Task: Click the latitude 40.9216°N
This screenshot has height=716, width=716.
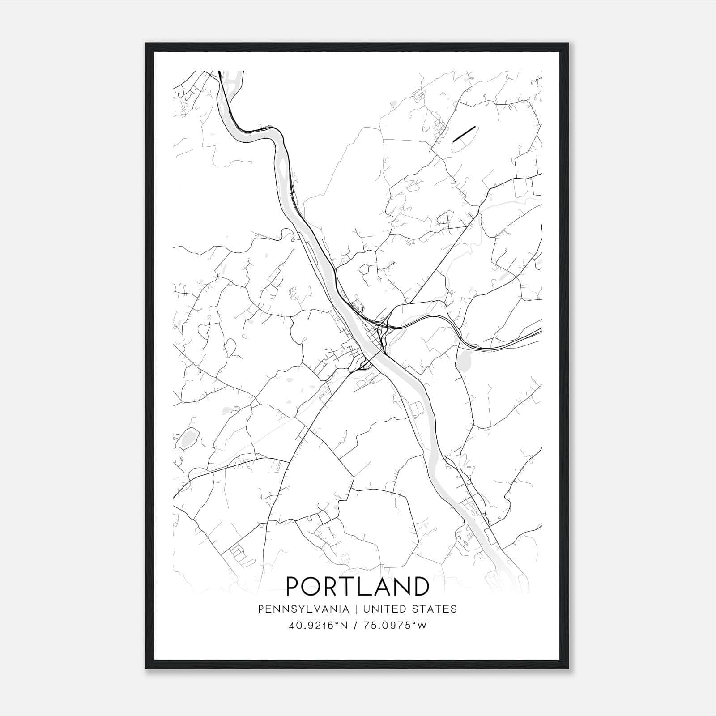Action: (318, 626)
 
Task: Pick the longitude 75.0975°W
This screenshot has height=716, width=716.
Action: (396, 626)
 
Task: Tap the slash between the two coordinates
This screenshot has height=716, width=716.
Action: (355, 626)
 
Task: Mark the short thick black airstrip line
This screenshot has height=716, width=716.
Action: (464, 134)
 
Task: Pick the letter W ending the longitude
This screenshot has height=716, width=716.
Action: (423, 626)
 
